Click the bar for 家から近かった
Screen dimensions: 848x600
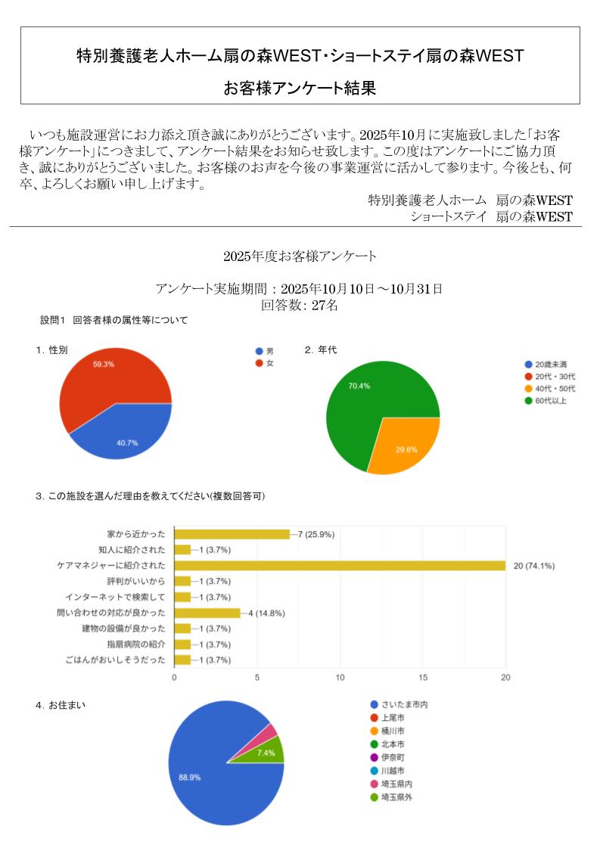point(232,533)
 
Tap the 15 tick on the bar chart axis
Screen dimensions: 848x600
point(423,677)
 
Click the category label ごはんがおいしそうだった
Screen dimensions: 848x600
point(116,660)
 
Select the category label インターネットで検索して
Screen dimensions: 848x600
point(115,597)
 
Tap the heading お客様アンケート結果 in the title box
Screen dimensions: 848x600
point(300,88)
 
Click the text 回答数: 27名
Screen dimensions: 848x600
point(300,306)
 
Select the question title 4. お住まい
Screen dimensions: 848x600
point(61,705)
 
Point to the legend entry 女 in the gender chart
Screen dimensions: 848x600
point(269,364)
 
